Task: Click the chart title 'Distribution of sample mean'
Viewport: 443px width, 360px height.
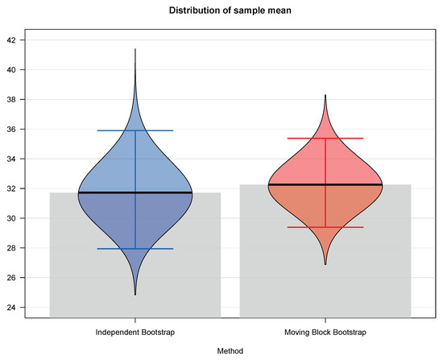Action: [221, 10]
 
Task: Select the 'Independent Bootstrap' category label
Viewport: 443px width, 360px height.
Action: [135, 332]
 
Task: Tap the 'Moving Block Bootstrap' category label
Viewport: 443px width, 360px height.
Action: [325, 332]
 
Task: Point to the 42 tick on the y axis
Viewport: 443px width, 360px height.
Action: [20, 40]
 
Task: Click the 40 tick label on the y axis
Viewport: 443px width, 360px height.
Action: [20, 70]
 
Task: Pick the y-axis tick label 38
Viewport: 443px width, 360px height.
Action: [20, 100]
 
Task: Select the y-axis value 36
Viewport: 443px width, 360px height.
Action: [20, 130]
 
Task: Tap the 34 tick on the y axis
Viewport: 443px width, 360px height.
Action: [20, 159]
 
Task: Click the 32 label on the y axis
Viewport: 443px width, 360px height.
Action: [20, 189]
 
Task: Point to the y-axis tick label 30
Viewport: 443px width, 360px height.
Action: [20, 219]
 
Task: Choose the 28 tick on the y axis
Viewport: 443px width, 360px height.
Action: [20, 249]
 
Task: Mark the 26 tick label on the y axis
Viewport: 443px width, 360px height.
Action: [20, 279]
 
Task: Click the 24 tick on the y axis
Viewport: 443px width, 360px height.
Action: [20, 308]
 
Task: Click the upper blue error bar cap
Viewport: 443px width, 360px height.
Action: [135, 130]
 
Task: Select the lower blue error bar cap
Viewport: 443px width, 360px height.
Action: [135, 249]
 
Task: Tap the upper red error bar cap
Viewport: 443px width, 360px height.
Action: [325, 139]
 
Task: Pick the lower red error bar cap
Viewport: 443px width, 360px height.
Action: [325, 227]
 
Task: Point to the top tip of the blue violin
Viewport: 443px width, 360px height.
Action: [135, 49]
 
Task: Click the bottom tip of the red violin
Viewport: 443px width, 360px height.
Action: [325, 264]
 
